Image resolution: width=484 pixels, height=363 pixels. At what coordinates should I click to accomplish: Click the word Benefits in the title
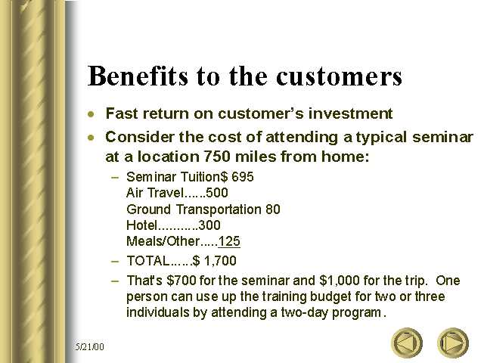coord(138,76)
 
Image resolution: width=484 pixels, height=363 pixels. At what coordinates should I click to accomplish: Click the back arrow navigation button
coord(407,343)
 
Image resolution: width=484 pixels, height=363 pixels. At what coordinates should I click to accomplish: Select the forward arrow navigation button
coord(453,343)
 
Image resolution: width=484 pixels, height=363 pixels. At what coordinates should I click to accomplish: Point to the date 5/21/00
coord(90,346)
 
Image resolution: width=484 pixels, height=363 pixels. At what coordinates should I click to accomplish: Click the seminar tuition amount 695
coord(243,177)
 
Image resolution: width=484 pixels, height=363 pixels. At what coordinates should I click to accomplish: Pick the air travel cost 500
coord(217,193)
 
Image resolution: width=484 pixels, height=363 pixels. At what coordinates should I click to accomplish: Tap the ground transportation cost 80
coord(273,209)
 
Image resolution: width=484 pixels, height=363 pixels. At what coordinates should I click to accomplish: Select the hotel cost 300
coord(209,225)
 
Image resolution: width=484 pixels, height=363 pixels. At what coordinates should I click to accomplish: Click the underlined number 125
coord(229,241)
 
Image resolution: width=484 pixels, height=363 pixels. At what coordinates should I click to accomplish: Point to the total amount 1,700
coord(220,261)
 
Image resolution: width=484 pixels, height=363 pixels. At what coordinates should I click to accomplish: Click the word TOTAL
coord(148,261)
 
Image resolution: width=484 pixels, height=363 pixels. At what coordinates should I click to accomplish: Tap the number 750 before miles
coord(217,157)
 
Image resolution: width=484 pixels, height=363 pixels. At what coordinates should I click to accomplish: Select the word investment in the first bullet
coord(351,113)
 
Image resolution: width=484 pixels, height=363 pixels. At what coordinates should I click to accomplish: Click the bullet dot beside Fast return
coord(91,114)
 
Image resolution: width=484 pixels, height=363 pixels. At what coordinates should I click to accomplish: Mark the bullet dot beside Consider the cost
coord(91,138)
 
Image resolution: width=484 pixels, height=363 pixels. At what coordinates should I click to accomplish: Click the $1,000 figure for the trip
coord(340,281)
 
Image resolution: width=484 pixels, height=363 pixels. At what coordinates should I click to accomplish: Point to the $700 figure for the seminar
coord(181,281)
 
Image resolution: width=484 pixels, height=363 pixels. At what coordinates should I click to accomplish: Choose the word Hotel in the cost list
coord(142,225)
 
